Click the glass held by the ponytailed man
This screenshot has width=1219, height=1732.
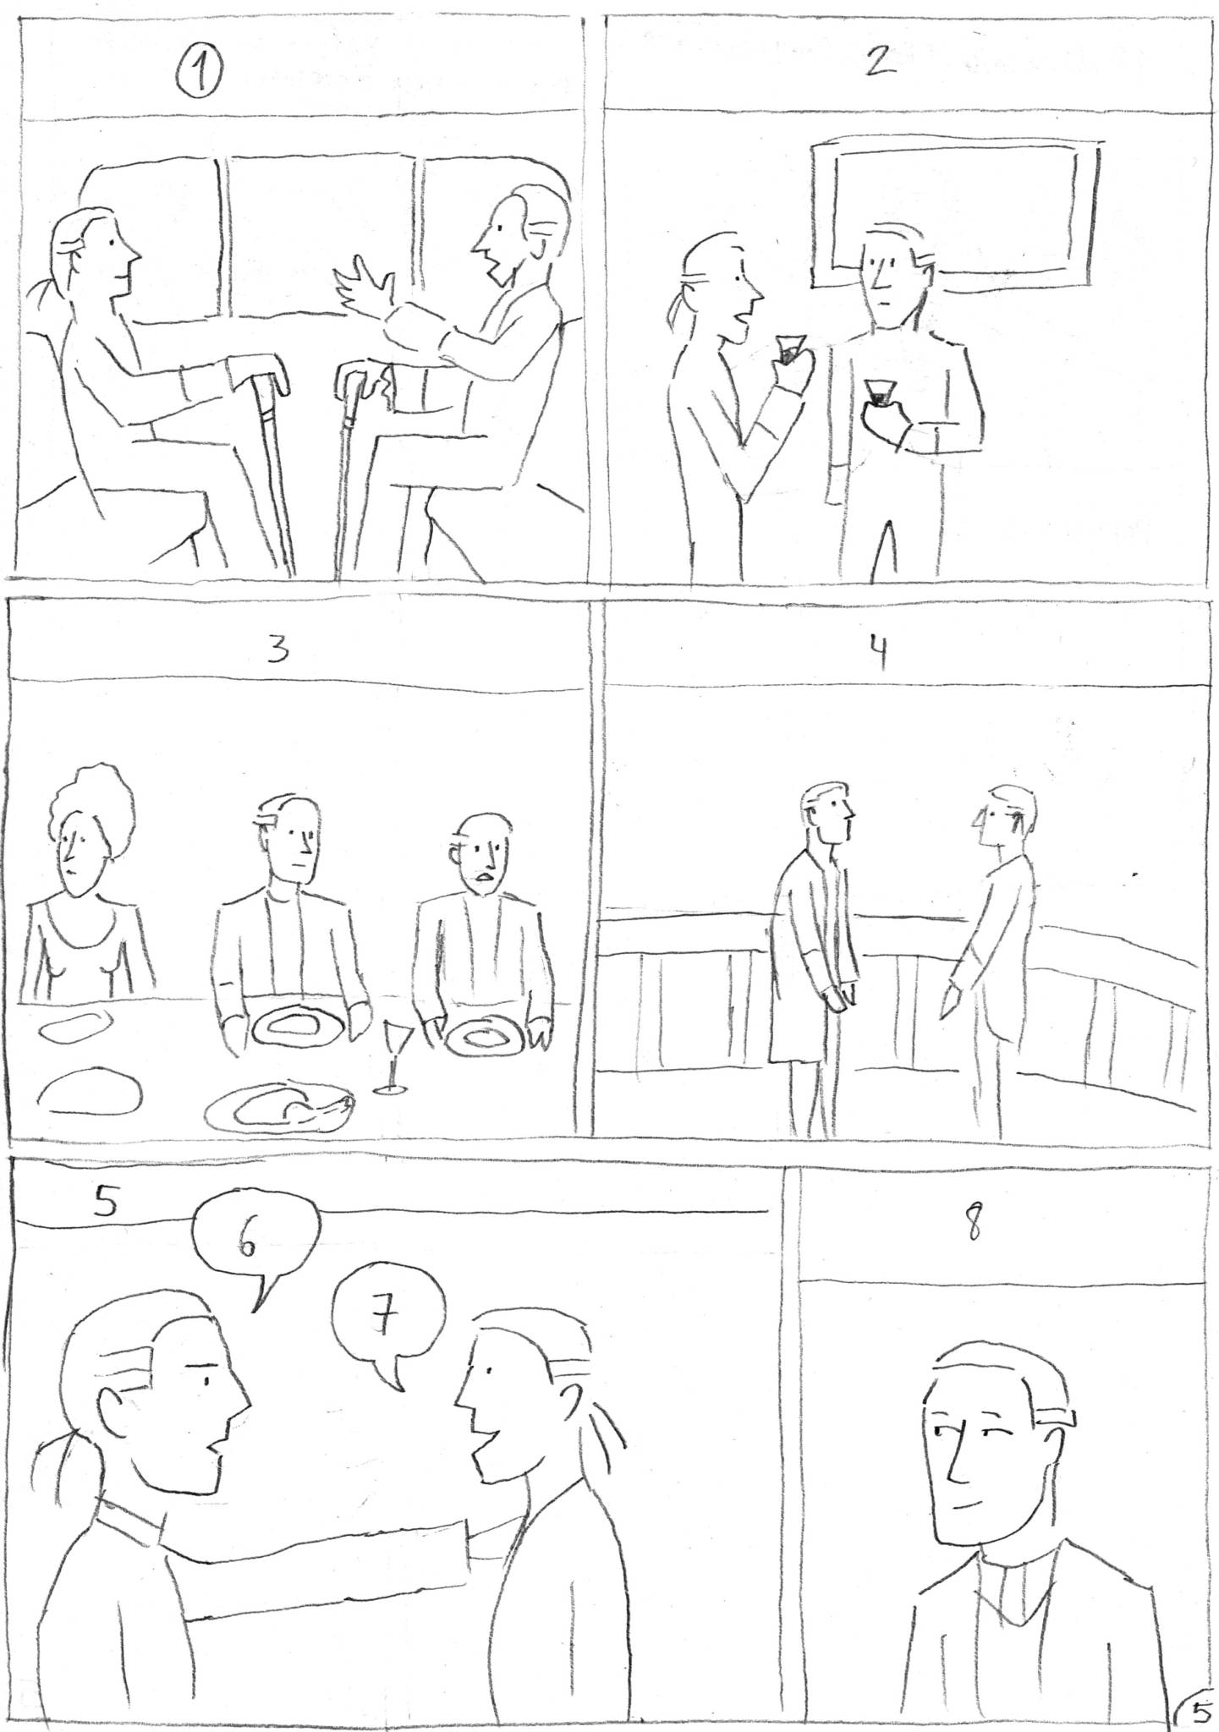pos(789,348)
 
